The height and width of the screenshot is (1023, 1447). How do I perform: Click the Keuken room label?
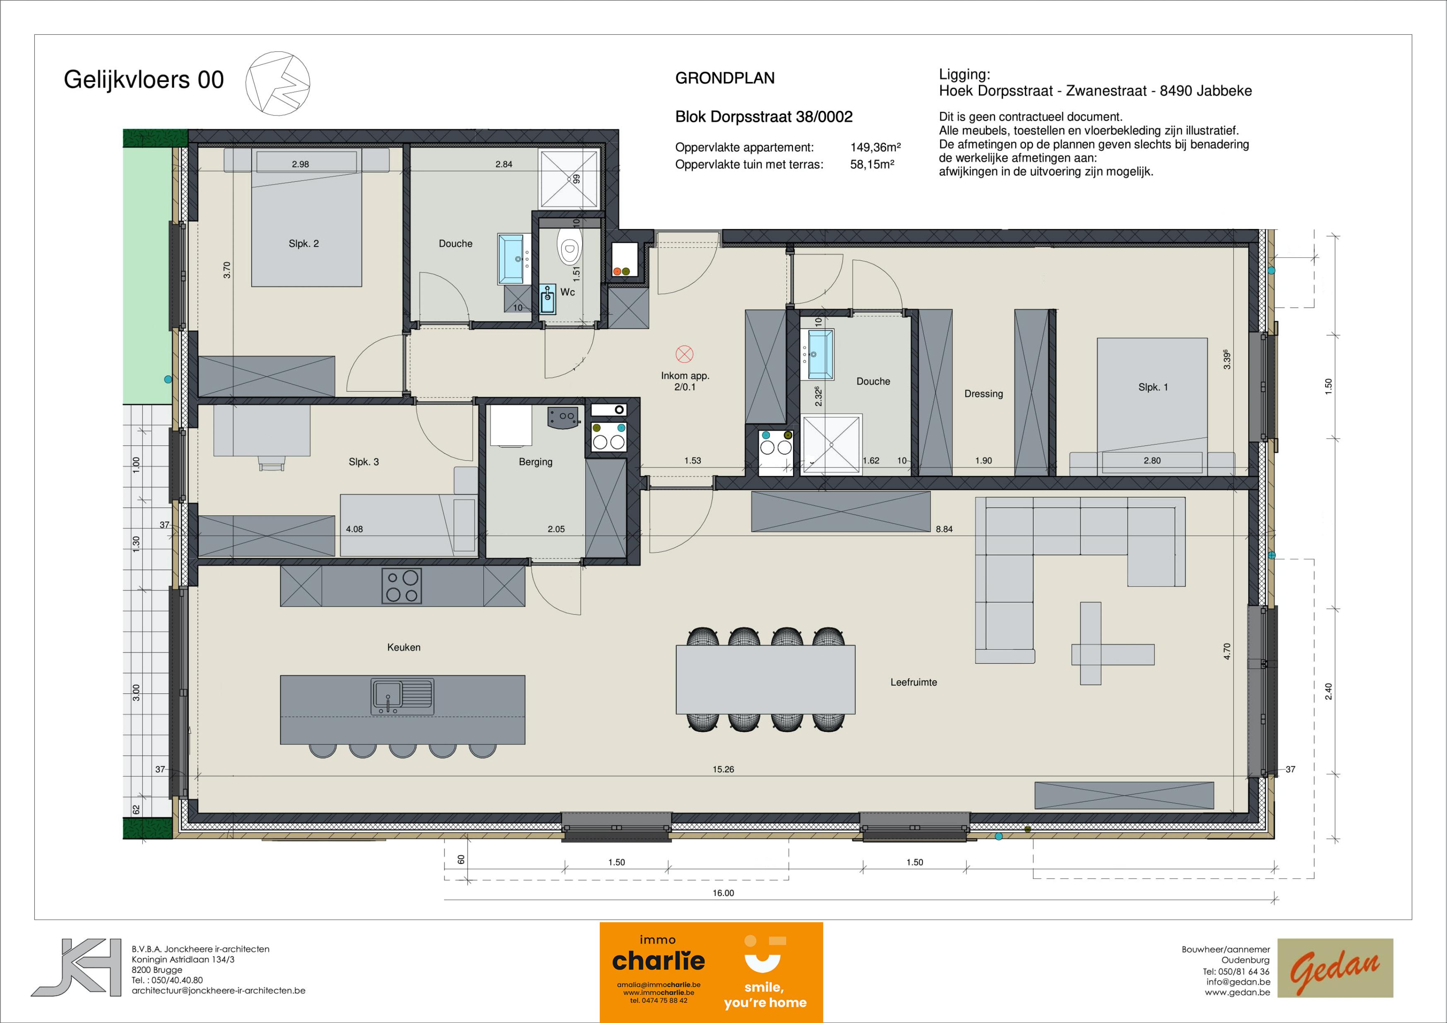[403, 647]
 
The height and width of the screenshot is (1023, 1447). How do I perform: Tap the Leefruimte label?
[913, 682]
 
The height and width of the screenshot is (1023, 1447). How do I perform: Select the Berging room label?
[535, 462]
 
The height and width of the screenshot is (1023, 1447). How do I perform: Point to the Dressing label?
[983, 394]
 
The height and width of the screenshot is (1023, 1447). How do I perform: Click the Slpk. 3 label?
[364, 462]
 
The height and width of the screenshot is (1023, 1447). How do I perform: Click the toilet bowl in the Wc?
[569, 248]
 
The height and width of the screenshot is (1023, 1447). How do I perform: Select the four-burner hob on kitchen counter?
[402, 586]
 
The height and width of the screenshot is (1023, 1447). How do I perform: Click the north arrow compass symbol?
[278, 83]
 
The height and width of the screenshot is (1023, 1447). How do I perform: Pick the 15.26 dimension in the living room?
[723, 770]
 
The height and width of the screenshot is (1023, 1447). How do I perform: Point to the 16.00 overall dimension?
[723, 893]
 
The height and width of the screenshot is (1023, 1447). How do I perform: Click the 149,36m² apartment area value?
[875, 147]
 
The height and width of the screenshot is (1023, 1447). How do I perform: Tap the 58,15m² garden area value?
[872, 164]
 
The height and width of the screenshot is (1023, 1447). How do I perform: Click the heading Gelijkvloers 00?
[144, 80]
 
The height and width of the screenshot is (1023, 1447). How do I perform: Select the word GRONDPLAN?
[725, 78]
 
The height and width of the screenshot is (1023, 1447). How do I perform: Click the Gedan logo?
[1335, 968]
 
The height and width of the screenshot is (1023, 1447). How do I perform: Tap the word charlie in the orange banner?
[658, 961]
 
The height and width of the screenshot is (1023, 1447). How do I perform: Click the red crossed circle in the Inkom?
[685, 354]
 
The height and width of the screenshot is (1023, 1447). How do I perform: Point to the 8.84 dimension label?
[944, 530]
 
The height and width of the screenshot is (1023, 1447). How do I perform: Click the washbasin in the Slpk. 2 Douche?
[510, 259]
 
